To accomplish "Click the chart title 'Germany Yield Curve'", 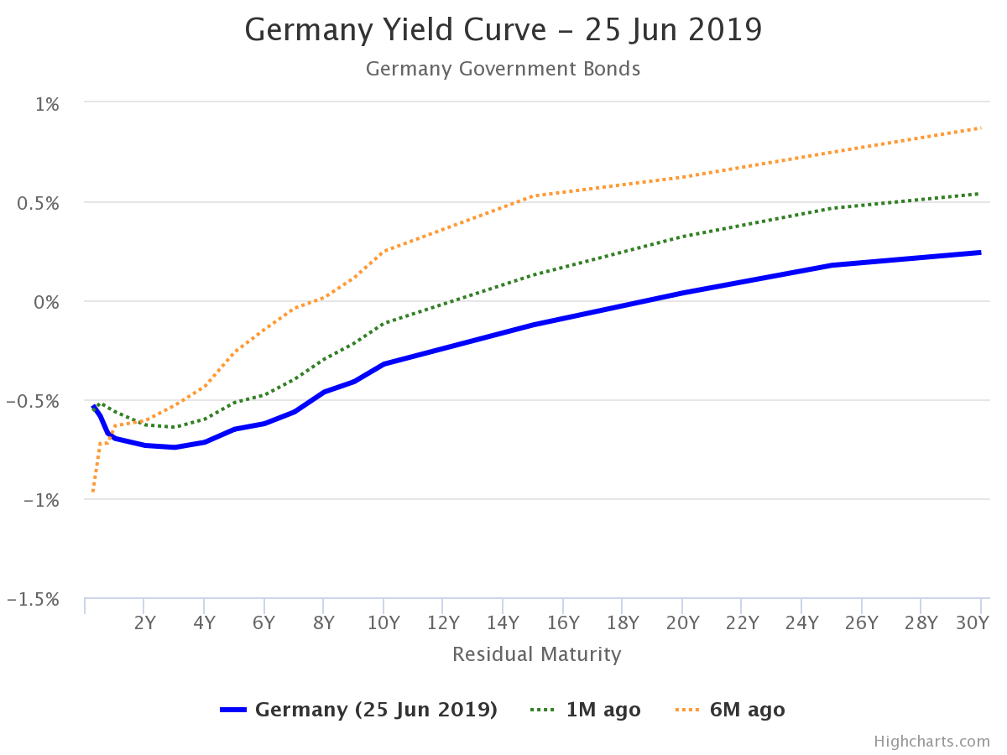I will point(503,30).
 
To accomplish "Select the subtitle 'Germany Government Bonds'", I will point(503,69).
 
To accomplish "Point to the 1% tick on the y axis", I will point(47,104).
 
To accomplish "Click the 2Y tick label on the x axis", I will point(145,622).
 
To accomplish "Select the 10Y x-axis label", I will point(383,622).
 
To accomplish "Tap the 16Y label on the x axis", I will point(562,622).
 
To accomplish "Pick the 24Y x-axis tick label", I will point(801,622).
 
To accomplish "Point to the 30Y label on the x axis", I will point(973,622).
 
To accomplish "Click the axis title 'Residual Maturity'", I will point(537,654).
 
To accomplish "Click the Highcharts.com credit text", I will point(931,742).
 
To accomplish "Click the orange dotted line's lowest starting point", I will point(92,492).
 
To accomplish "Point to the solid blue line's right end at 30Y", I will point(980,253).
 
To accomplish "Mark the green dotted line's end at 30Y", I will point(980,194).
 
